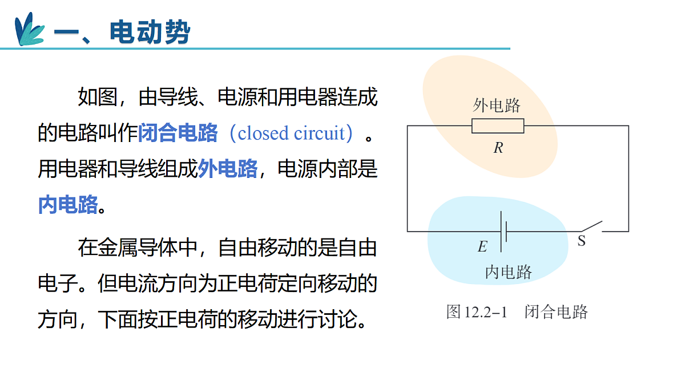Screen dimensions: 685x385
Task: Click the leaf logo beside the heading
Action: coord(30,29)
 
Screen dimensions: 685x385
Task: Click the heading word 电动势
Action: coord(150,32)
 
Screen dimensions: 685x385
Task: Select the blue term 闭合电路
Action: coord(178,133)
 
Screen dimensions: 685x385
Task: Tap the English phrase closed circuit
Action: coord(291,133)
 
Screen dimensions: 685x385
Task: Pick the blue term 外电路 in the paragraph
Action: coord(228,169)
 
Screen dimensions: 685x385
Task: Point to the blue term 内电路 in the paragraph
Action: coord(68,204)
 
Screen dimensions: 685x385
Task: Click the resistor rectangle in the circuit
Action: coord(498,126)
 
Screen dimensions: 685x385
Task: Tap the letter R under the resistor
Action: coord(498,148)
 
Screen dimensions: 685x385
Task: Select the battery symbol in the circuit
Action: coord(503,232)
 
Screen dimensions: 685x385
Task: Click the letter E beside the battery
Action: coord(482,246)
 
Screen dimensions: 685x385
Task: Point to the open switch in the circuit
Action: coord(592,226)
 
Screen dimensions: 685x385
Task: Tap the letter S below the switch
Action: coord(582,241)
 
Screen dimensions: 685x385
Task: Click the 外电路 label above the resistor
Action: coord(496,106)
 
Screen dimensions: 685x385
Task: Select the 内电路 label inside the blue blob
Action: coord(509,271)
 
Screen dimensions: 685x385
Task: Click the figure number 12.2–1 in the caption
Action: coord(486,313)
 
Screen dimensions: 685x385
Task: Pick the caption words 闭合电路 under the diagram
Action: coord(556,312)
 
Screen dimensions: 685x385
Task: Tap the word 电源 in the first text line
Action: coord(237,97)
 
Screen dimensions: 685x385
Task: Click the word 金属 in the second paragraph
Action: coord(118,248)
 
